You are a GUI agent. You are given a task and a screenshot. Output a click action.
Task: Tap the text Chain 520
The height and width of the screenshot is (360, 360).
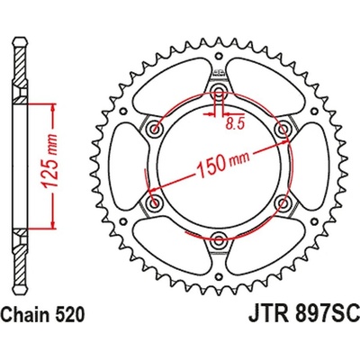[44, 343]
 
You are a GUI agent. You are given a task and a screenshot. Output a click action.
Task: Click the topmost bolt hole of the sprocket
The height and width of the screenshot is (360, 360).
[219, 94]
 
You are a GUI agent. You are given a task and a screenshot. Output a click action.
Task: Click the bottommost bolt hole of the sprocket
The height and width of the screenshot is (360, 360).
[219, 238]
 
